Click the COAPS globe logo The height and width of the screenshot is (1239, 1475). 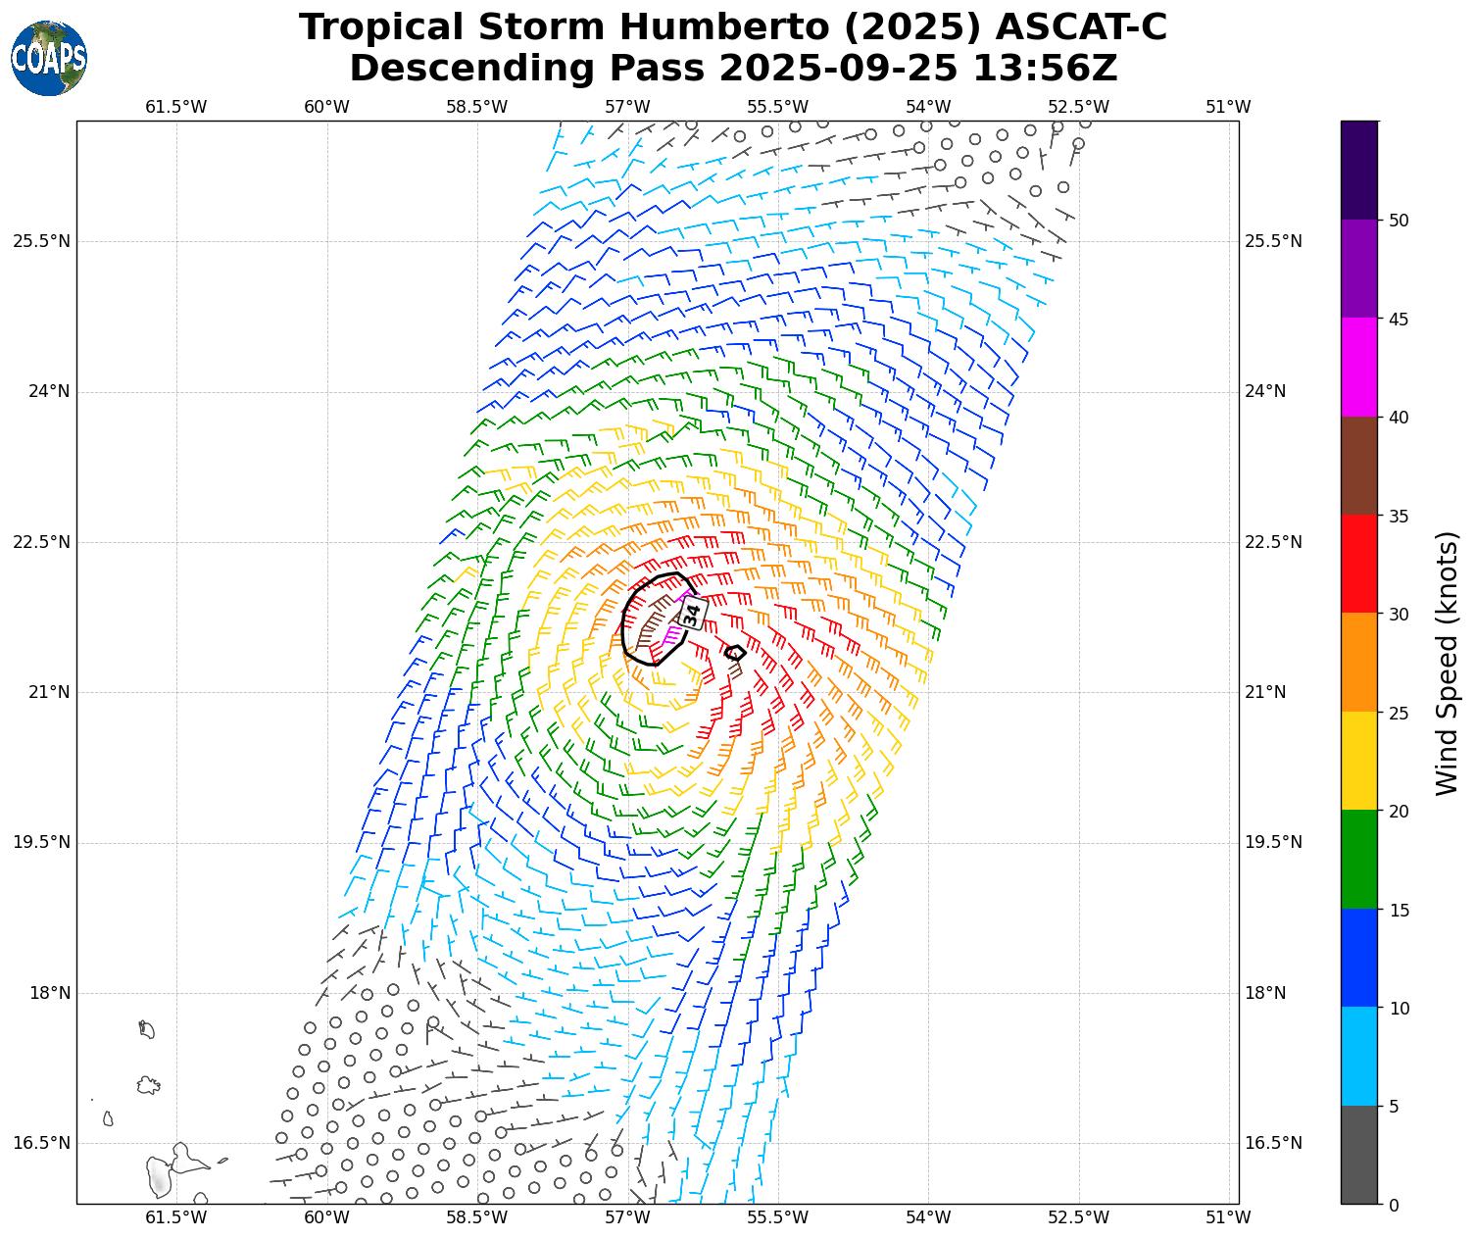[49, 59]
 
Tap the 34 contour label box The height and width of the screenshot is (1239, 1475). [692, 614]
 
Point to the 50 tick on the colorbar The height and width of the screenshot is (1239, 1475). [1399, 220]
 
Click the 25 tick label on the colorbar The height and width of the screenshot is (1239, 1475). [1399, 713]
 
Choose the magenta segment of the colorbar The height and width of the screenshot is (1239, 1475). [1359, 367]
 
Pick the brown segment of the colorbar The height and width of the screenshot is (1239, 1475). [1359, 466]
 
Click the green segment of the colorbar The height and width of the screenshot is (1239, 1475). [1359, 860]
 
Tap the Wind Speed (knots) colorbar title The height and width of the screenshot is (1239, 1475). [1447, 664]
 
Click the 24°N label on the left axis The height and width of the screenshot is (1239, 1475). [41, 392]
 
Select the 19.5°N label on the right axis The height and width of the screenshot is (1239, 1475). [1273, 843]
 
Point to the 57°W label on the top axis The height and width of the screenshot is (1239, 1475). [627, 107]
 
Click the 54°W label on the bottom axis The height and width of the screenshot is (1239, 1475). [928, 1217]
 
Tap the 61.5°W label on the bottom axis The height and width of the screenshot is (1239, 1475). [176, 1217]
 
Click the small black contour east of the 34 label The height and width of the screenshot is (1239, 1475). [735, 653]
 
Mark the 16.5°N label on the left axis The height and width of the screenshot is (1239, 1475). [41, 1143]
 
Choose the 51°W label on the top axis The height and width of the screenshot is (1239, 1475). [1228, 107]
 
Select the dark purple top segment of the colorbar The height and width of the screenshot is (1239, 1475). [1359, 170]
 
